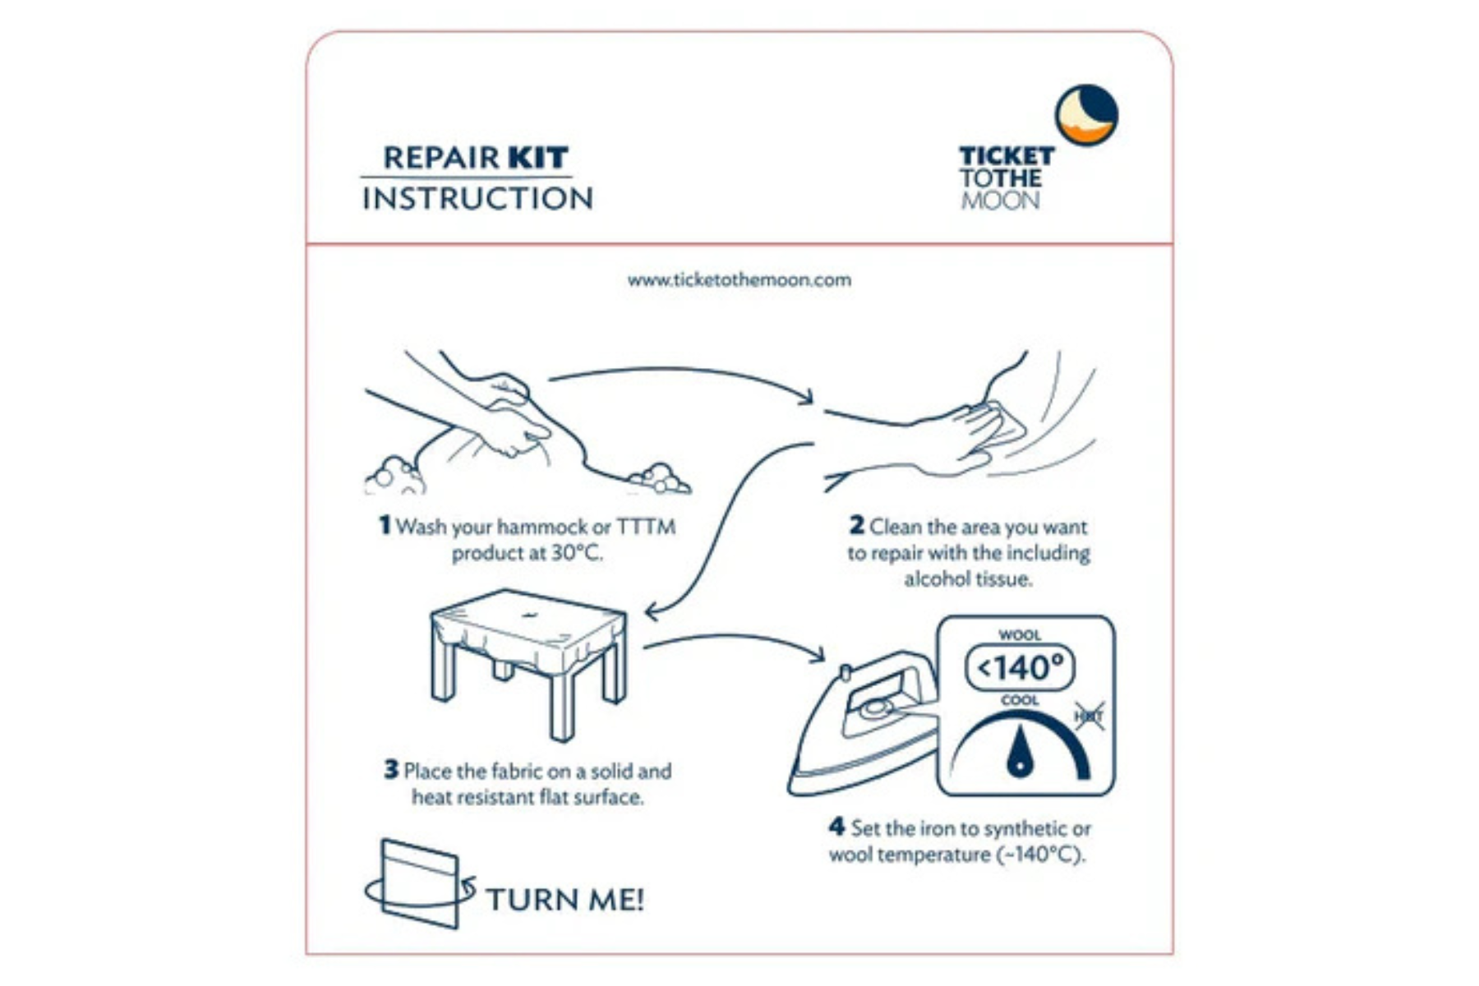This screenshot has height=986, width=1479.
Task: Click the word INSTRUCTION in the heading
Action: pyautogui.click(x=477, y=199)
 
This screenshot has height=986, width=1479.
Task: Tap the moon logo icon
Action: pyautogui.click(x=1086, y=115)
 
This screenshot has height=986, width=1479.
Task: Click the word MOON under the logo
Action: pyautogui.click(x=1000, y=200)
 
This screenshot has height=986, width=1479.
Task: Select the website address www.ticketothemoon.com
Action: pyautogui.click(x=739, y=280)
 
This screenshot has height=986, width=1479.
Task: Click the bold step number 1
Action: pyautogui.click(x=384, y=525)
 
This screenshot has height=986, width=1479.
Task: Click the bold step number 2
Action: pyautogui.click(x=856, y=525)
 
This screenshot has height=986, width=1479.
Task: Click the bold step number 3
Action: pyautogui.click(x=391, y=770)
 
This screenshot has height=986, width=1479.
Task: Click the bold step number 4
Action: pyautogui.click(x=836, y=827)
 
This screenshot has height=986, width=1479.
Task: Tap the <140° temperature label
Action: pyautogui.click(x=1020, y=668)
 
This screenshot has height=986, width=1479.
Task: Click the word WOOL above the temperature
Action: pyautogui.click(x=1019, y=635)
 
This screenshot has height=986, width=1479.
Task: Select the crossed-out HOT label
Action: pyautogui.click(x=1089, y=716)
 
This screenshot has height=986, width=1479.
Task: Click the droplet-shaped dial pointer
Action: pyautogui.click(x=1019, y=753)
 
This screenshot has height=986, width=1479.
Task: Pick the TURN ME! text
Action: pyautogui.click(x=565, y=900)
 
